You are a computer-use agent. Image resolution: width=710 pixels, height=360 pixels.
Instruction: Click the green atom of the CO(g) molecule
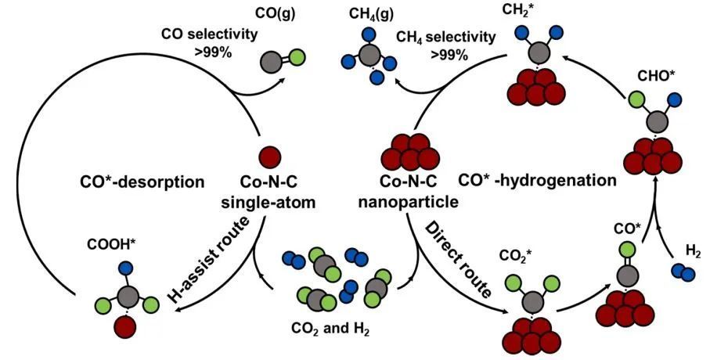pos(297,57)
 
